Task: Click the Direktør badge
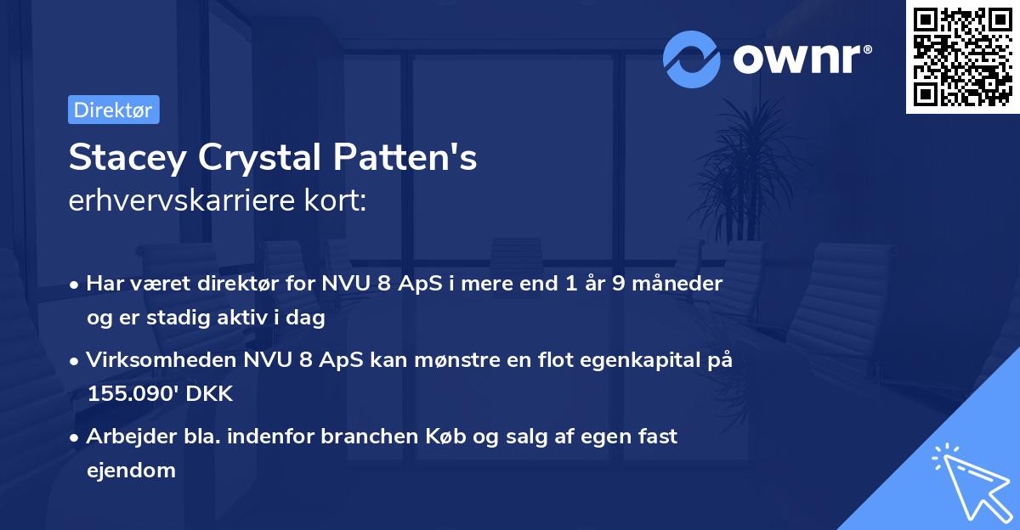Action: pos(113,110)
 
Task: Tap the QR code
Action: pos(962,57)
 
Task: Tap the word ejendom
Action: pos(131,470)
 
